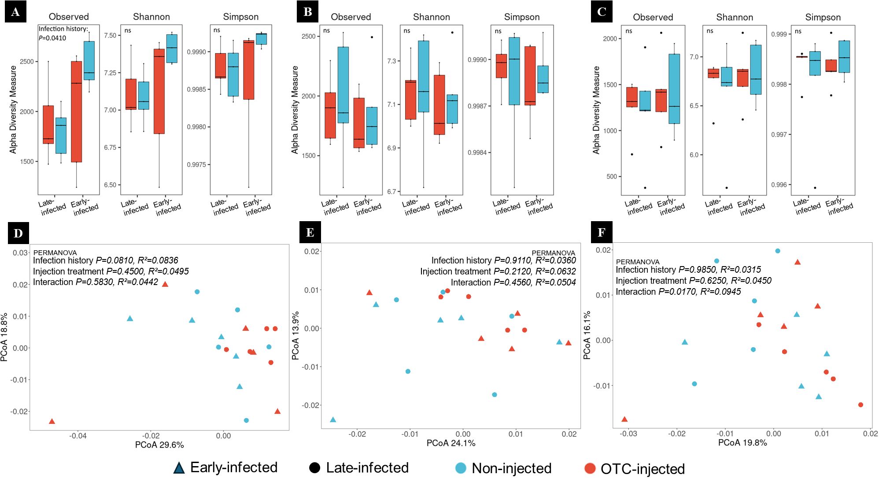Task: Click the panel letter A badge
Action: (15, 12)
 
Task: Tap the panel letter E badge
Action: (310, 232)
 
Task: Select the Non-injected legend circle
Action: (461, 468)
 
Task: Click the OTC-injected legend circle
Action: (590, 468)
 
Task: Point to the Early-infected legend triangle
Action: (179, 468)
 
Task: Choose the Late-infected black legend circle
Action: (314, 468)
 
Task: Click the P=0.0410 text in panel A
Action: (52, 38)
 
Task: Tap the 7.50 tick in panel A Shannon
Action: (110, 35)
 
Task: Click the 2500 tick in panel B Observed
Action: (308, 36)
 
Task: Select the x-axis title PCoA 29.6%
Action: (159, 445)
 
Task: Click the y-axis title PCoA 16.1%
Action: (587, 335)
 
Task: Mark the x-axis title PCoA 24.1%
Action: (451, 443)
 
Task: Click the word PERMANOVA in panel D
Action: (55, 252)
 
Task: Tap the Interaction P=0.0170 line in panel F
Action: (678, 292)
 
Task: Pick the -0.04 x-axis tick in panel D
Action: (78, 436)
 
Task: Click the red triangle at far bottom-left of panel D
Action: (52, 422)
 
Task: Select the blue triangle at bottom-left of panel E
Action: (333, 420)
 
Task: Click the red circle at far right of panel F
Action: (861, 405)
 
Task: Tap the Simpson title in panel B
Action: (521, 17)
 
